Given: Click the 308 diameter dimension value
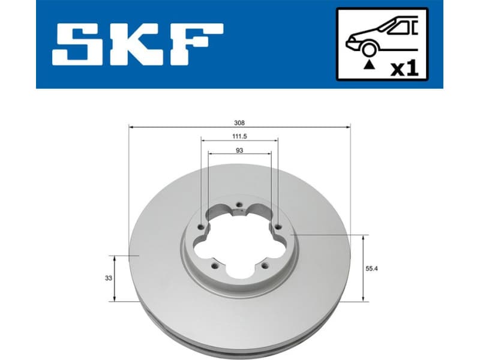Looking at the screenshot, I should pyautogui.click(x=239, y=122).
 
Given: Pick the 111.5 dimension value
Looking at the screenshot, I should pyautogui.click(x=239, y=136).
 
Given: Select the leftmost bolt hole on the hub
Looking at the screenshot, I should pyautogui.click(x=200, y=227).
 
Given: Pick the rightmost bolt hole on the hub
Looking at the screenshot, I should pyautogui.click(x=278, y=226).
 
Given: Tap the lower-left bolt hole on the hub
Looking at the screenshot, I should pyautogui.click(x=214, y=265).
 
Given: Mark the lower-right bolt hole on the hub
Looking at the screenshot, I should pyautogui.click(x=264, y=265).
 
